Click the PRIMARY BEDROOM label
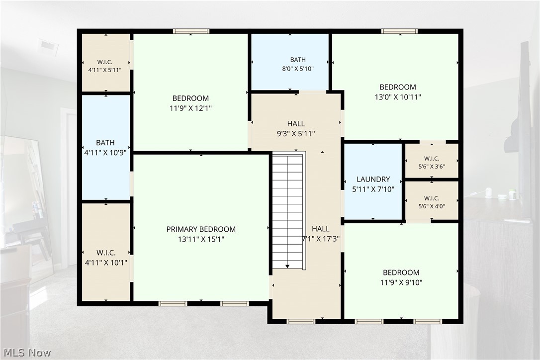201,229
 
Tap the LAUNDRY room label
373,179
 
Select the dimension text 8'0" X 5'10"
298,69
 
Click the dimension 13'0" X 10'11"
398,97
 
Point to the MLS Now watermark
27,353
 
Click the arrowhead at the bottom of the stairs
287,267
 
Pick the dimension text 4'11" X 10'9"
105,153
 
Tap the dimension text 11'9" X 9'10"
401,283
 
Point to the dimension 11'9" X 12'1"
190,108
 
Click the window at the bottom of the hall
301,321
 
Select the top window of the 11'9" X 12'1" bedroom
191,31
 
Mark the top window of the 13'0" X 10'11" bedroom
399,31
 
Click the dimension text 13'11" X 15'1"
201,239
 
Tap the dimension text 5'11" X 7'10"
373,189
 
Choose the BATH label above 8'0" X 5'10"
298,60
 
